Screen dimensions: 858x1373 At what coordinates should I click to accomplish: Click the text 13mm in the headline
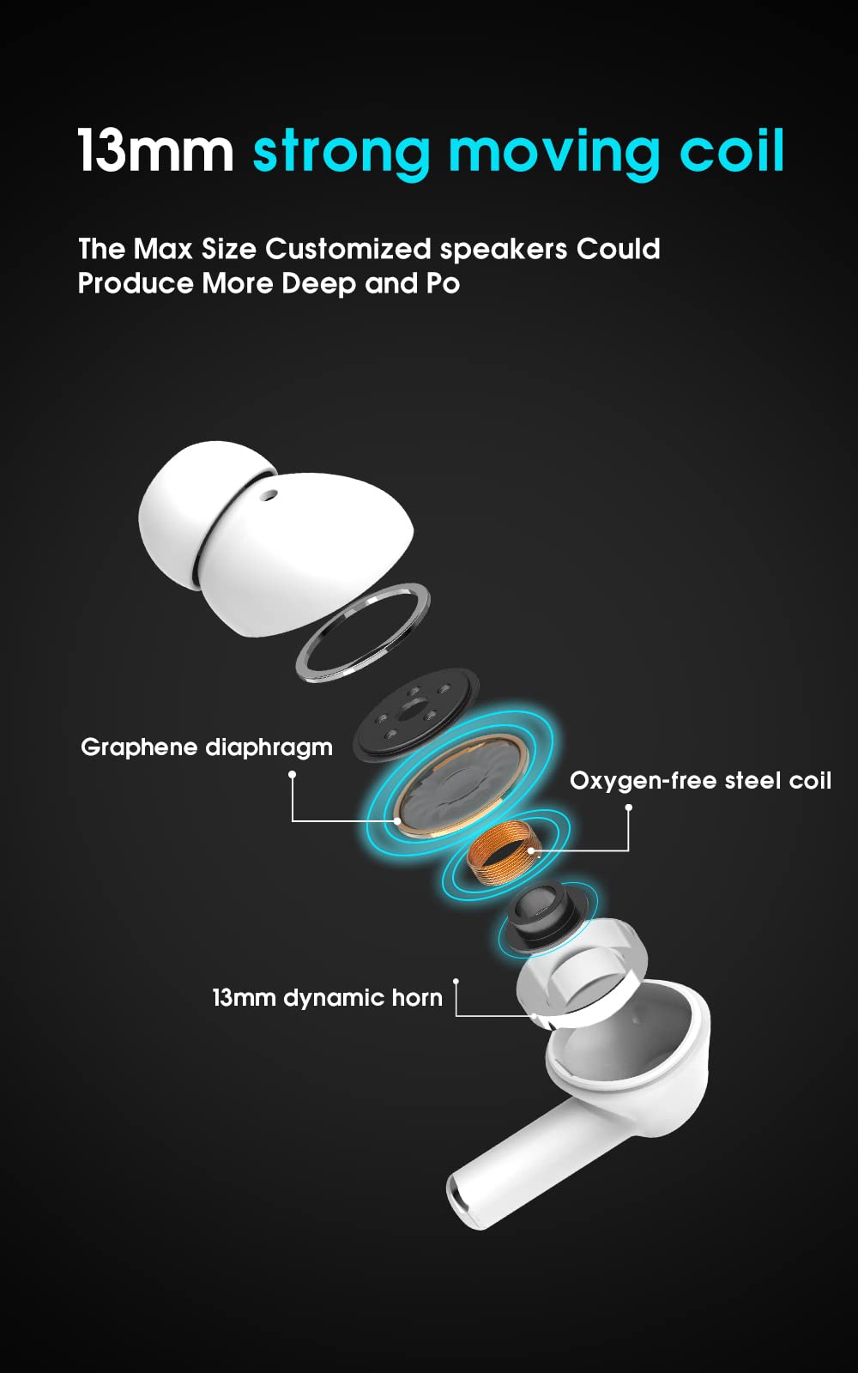pos(155,150)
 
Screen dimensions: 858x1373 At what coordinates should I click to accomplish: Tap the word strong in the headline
pos(342,154)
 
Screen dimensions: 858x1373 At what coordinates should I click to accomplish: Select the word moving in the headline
pos(554,154)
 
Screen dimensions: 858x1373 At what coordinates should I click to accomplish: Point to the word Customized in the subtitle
pos(348,249)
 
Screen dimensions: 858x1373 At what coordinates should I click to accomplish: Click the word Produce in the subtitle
pos(136,284)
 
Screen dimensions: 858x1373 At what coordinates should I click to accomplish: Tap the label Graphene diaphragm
pos(207,747)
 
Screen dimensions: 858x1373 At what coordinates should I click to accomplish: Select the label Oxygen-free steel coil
pos(700,780)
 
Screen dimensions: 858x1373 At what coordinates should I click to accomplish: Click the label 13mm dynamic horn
pos(327,998)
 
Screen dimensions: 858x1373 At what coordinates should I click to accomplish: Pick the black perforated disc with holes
pos(415,714)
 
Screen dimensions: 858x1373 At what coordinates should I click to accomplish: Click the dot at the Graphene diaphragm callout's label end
pos(293,775)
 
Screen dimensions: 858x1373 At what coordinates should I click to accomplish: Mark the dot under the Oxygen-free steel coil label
pos(628,807)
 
